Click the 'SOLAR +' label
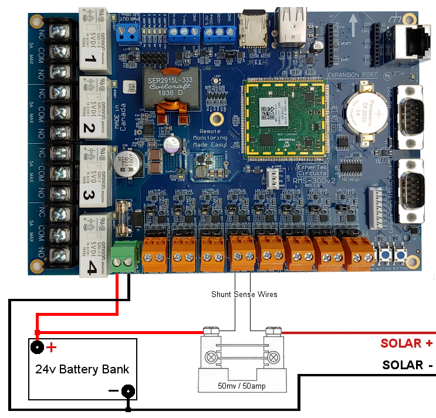click(407, 343)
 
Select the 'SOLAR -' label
click(408, 365)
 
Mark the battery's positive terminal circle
click(38, 347)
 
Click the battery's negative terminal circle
click(127, 391)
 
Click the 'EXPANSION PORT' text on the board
click(351, 75)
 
